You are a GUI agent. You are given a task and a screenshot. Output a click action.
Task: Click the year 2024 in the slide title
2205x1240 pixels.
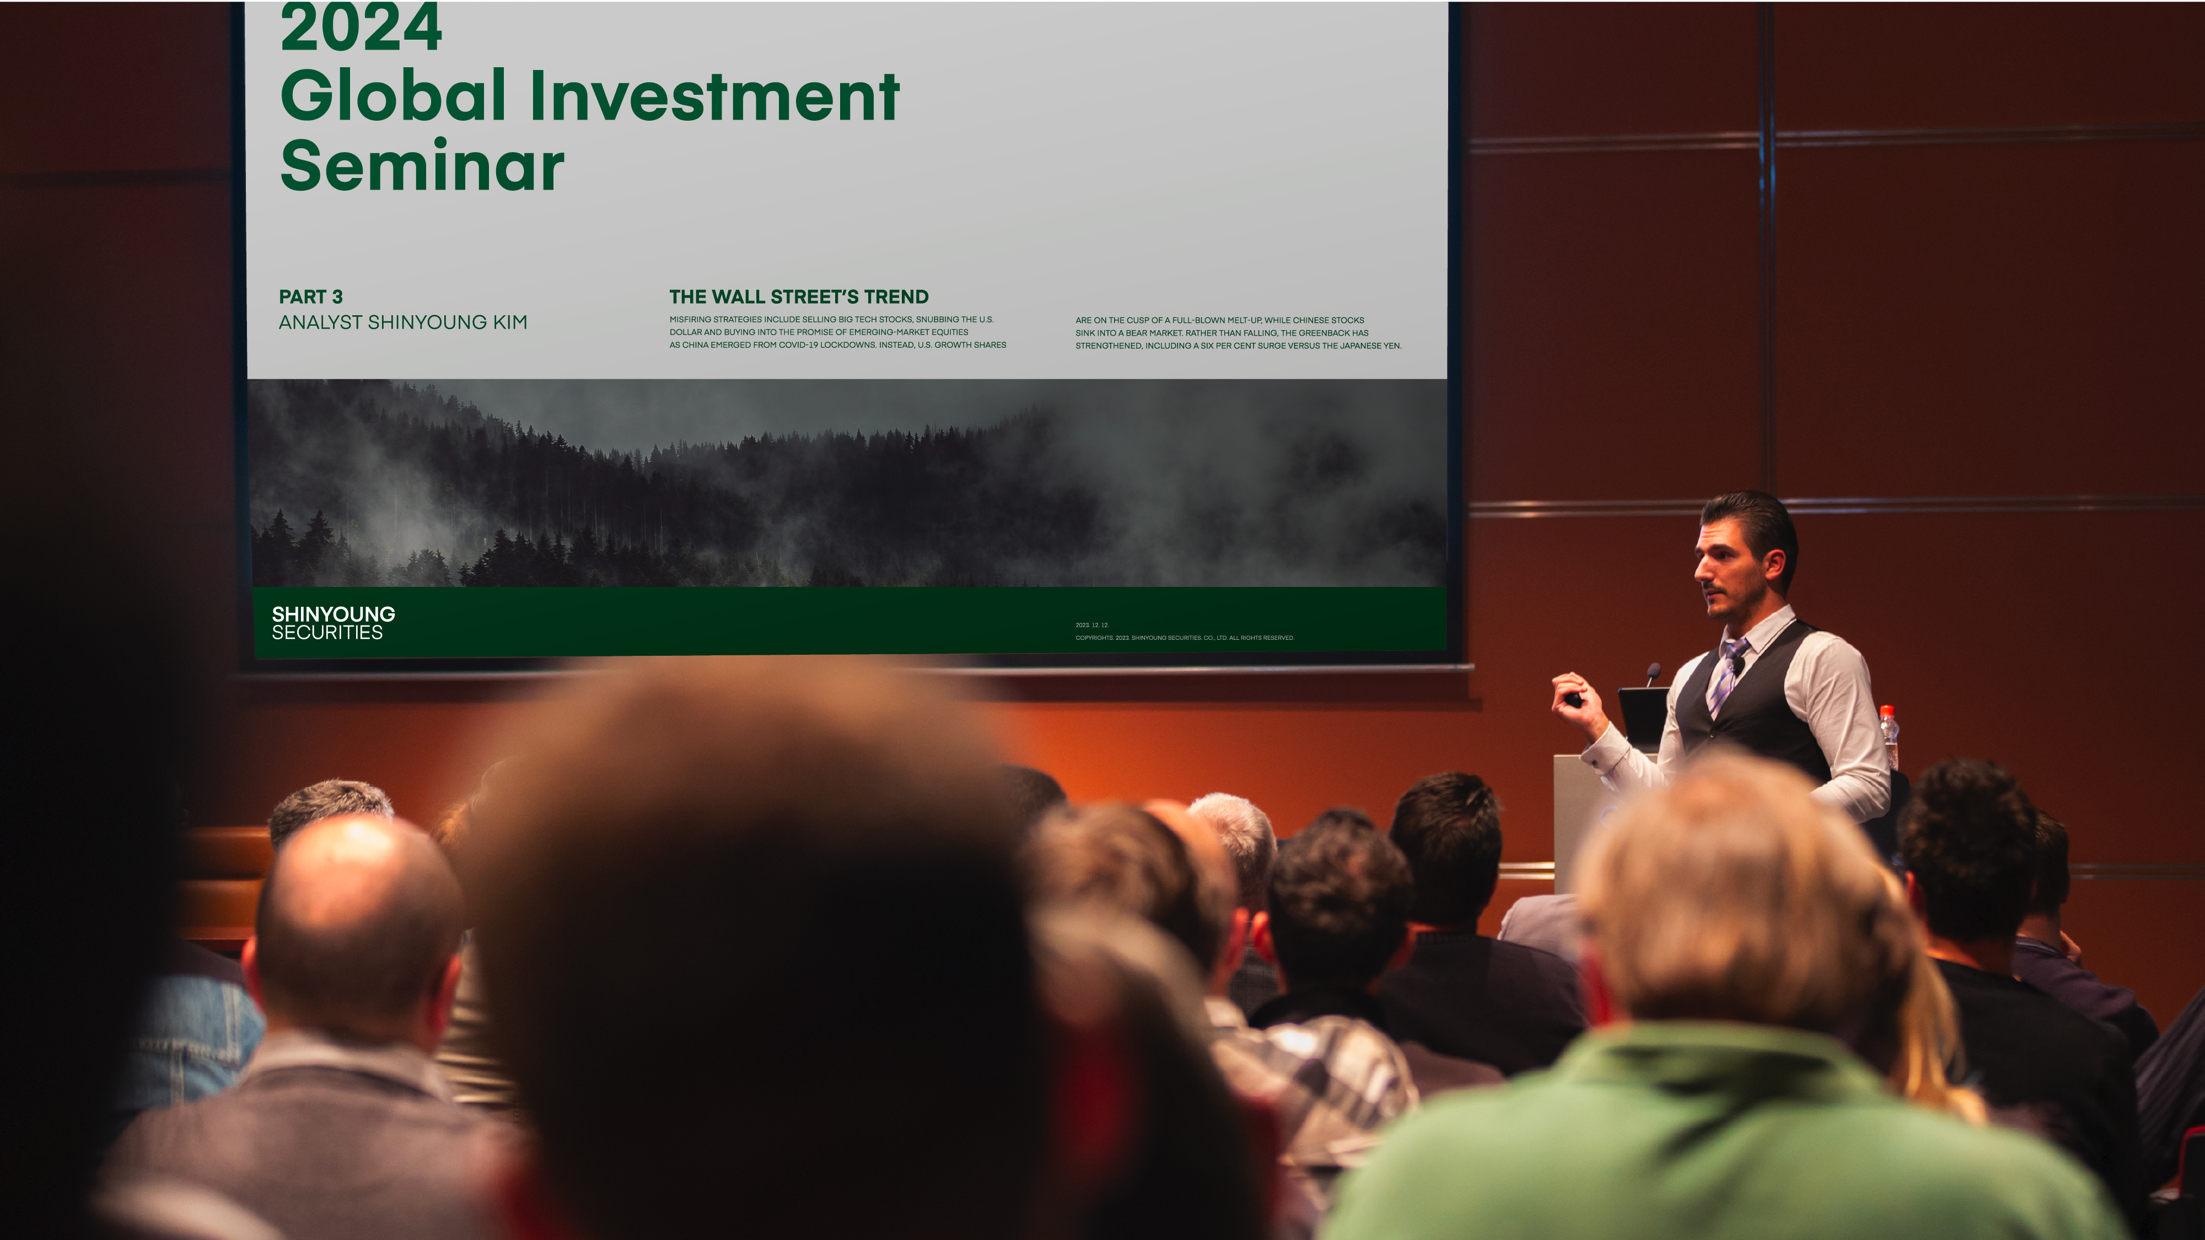tap(361, 28)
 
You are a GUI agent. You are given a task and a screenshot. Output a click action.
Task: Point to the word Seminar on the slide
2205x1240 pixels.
tap(422, 165)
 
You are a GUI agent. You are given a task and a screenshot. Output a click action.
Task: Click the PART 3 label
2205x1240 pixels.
tap(311, 297)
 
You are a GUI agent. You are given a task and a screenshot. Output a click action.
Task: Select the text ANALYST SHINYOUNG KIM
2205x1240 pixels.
tap(403, 322)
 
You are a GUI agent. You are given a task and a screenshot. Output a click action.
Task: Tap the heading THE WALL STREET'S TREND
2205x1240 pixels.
tap(799, 297)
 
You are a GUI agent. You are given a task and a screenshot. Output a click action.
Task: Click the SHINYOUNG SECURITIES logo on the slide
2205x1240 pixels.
tap(333, 623)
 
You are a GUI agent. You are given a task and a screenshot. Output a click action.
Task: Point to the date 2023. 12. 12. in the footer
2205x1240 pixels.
tap(1091, 626)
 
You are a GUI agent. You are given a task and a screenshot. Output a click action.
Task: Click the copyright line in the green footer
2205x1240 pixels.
tap(1185, 638)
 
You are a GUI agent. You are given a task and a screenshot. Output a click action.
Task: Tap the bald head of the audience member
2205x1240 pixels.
tap(359, 907)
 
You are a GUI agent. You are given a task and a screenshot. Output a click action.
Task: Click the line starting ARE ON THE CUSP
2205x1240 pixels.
tap(1220, 321)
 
